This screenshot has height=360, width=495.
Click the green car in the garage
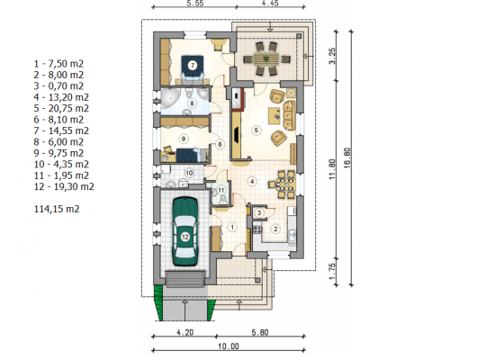185,232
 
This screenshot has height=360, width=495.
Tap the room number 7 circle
193,66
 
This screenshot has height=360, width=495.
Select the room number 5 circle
256,130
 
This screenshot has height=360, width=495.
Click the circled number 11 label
221,190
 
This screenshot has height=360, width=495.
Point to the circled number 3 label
259,212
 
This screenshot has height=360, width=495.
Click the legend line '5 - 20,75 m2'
61,108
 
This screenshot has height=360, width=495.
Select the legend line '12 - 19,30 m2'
64,186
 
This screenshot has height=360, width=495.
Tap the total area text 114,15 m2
57,209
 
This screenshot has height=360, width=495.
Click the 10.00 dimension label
229,346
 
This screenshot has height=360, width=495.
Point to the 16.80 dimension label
347,157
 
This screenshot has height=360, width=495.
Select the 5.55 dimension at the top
194,4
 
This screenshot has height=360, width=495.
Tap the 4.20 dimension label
185,332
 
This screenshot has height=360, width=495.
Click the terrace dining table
266,58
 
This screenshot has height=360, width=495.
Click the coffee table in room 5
274,115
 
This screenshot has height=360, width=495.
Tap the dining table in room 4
286,184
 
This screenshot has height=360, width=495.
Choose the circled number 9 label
183,139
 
